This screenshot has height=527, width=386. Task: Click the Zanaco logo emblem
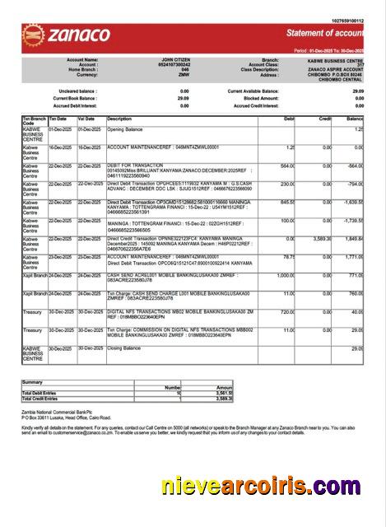[35, 35]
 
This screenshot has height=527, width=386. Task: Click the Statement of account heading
[324, 33]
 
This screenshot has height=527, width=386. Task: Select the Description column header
[120, 119]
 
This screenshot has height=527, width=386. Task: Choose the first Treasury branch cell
[32, 312]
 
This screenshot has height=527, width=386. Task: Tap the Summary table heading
[33, 382]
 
